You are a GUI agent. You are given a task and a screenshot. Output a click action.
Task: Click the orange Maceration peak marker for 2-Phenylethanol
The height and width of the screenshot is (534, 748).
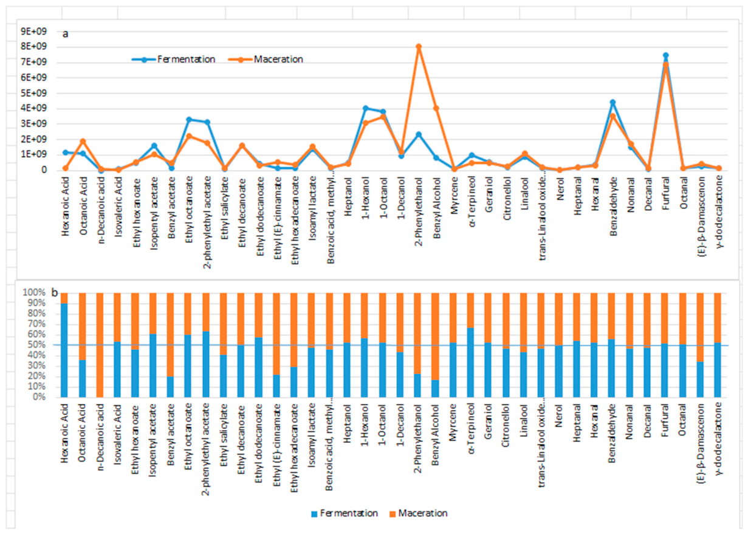419,47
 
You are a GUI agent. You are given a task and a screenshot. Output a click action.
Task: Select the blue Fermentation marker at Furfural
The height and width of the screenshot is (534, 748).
665,55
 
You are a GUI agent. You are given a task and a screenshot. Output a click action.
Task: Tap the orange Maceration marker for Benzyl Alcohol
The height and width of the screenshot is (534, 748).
436,108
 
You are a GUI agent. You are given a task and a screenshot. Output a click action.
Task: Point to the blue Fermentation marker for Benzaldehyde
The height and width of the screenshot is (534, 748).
612,103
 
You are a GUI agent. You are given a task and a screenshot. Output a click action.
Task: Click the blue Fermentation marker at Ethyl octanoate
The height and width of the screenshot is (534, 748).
189,120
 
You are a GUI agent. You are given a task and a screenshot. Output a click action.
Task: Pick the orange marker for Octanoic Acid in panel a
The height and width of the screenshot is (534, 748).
83,142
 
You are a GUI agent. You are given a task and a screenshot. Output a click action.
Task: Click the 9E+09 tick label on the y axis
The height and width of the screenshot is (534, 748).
34,32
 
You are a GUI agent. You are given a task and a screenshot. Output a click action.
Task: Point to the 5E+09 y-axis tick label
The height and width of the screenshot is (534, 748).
34,93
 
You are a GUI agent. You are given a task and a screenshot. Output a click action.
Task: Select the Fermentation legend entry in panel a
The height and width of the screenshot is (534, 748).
173,60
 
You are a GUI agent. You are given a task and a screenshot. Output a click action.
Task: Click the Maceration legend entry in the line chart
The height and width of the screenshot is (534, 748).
266,60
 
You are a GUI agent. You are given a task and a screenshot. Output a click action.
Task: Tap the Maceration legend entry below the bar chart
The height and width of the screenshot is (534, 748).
419,513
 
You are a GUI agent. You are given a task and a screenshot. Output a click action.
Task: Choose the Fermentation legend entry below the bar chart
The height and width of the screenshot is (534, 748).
345,513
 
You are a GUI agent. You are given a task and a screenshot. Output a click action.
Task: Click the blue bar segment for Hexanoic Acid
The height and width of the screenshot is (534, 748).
64,351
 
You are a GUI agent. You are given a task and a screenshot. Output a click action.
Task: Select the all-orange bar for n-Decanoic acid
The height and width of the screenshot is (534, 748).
100,345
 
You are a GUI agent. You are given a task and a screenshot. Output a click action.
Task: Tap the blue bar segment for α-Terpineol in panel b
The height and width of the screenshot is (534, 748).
470,363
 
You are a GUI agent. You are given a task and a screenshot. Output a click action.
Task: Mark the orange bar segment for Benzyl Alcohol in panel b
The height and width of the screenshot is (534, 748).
435,337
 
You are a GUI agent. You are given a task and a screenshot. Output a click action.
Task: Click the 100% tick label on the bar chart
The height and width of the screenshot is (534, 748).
34,293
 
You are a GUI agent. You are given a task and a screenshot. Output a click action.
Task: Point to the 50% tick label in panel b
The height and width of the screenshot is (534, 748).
36,345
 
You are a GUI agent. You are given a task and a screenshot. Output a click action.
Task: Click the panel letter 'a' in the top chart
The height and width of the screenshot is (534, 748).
66,34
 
